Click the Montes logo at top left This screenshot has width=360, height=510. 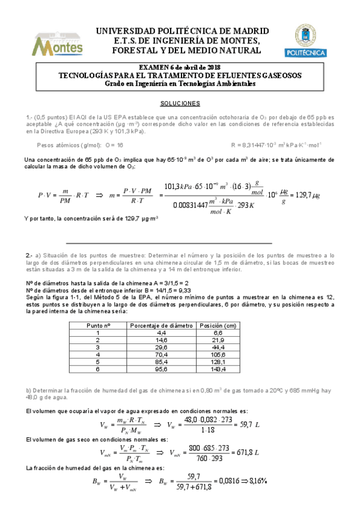coord(57,41)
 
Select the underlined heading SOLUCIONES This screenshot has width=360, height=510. coord(180,103)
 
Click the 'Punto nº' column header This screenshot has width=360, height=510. coord(98,325)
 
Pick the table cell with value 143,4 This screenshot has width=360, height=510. coord(218,370)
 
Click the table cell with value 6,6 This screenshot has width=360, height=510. coord(218,333)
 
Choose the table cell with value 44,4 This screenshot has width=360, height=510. coord(218,348)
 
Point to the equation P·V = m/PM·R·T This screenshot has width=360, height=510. coord(64,195)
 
